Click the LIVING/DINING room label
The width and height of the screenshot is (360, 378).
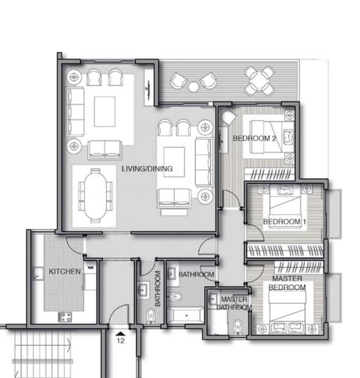click(147, 169)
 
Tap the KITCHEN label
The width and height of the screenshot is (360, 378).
click(64, 271)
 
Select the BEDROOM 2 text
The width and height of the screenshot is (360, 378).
click(254, 138)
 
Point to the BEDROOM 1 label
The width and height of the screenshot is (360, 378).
click(284, 222)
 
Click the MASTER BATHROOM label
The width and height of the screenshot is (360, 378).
click(234, 303)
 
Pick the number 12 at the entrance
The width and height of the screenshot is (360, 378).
click(121, 341)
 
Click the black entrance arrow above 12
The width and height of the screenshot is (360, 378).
click(121, 334)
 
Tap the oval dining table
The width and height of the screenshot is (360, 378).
click(95, 196)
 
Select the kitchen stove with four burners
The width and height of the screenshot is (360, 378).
click(65, 317)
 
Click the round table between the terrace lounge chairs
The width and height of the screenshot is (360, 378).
click(193, 87)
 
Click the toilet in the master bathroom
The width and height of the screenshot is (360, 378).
click(237, 327)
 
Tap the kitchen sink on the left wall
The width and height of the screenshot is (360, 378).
click(38, 273)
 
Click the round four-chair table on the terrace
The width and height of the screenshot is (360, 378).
click(259, 81)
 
